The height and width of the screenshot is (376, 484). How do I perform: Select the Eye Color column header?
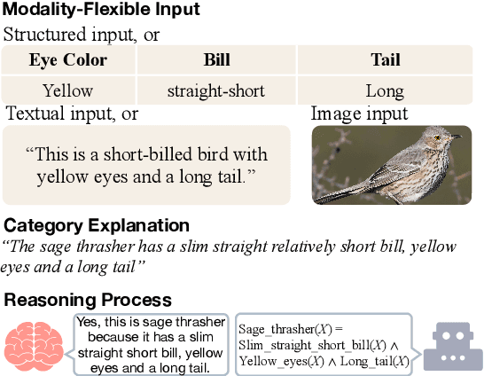coord(67,60)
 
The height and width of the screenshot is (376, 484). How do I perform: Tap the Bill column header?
coord(216,60)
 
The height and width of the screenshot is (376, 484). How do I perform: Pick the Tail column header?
coord(385,60)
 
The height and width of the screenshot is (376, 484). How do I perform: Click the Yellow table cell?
coord(67,90)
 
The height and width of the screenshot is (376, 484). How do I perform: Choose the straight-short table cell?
coord(216,90)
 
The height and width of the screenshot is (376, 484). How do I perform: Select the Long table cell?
coord(385,90)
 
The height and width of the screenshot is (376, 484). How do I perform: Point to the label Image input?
coord(359,114)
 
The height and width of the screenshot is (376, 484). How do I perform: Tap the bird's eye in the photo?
coord(441,135)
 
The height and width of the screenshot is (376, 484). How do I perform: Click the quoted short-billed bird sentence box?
coord(146,165)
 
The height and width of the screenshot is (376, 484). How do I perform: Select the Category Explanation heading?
coord(97,225)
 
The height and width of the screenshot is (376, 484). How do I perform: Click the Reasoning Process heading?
coord(88,300)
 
